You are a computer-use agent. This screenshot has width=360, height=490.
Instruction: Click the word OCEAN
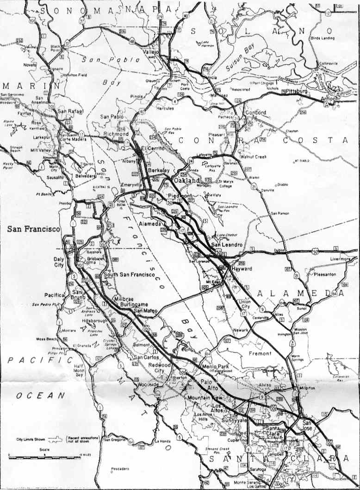[41, 396]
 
